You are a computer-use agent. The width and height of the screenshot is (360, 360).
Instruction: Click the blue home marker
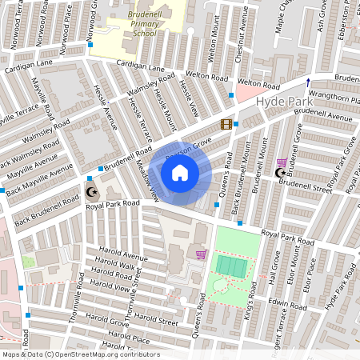(x=180, y=173)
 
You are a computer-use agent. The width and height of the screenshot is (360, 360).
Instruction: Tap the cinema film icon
(x=226, y=124)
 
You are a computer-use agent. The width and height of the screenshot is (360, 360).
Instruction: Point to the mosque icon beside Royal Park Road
(x=91, y=191)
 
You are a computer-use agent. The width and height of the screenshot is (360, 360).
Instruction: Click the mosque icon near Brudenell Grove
(x=281, y=173)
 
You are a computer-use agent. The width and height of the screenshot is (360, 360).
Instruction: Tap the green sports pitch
(x=233, y=264)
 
